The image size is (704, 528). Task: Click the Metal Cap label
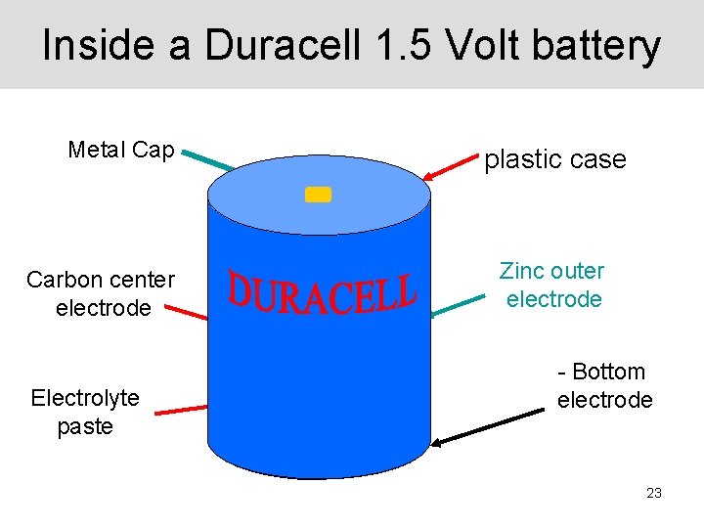point(121,151)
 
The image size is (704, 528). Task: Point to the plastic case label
point(555,159)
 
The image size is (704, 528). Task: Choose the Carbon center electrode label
point(102,293)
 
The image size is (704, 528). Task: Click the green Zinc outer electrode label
point(552,285)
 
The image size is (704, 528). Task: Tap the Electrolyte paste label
point(85,412)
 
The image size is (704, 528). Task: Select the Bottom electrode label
point(603,385)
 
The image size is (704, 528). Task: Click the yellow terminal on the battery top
point(318,194)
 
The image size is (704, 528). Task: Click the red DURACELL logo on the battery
point(322,292)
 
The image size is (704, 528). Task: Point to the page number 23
point(654,493)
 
